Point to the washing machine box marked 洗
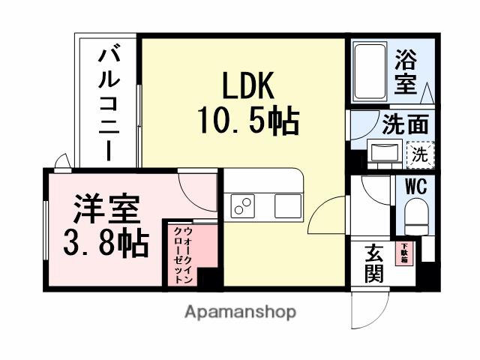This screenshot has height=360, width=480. click(420, 155)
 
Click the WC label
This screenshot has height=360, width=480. click(417, 187)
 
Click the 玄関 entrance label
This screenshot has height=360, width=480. click(374, 262)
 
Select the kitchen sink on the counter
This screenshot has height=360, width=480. click(286, 205)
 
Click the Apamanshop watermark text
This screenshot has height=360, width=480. click(240, 311)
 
